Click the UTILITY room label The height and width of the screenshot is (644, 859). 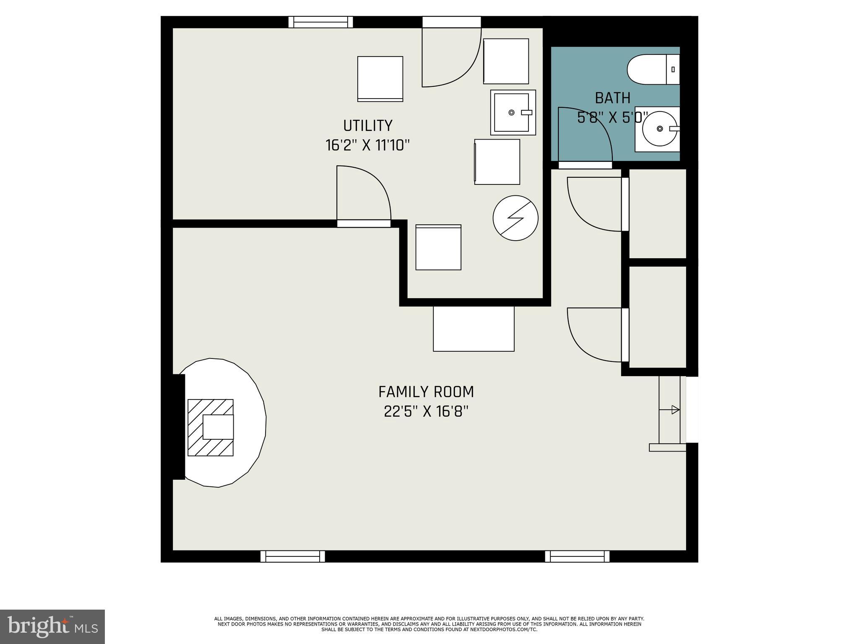(367, 125)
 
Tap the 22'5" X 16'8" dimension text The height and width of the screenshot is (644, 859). (426, 412)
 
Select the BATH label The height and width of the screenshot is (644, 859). (612, 98)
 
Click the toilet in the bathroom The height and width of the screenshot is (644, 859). (652, 69)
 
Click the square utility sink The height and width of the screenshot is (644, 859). (513, 112)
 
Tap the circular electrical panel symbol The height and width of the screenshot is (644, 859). (515, 218)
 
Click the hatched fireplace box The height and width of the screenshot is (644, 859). (210, 427)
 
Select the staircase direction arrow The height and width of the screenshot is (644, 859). (675, 410)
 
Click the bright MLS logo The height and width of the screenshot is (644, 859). (52, 626)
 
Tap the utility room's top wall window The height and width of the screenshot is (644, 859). (320, 22)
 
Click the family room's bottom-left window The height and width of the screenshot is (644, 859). (292, 556)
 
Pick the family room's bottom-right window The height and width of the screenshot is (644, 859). (577, 556)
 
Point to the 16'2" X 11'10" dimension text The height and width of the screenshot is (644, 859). (367, 145)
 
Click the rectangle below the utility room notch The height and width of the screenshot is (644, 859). (474, 329)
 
